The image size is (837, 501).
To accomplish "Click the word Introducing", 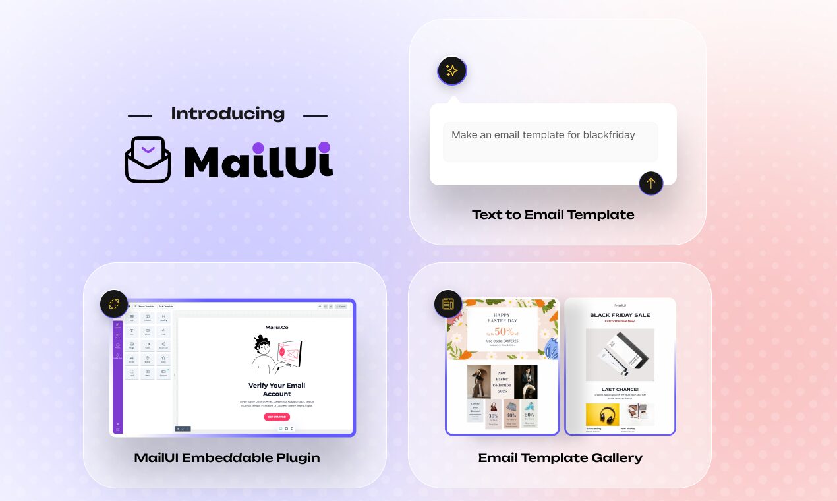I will [227, 113].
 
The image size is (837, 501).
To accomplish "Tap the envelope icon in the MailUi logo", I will [148, 160].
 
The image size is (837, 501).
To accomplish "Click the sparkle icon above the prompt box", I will [452, 71].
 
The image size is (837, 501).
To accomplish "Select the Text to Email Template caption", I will [553, 214].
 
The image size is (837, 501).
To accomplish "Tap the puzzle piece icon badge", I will [114, 304].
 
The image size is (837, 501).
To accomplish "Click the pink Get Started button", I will [277, 417].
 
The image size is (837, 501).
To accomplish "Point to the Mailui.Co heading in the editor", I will [277, 328].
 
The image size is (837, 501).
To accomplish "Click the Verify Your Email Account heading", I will [277, 390].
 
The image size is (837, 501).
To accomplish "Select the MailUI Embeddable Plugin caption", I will [227, 457].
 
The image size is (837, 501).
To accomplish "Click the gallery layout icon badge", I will [448, 304].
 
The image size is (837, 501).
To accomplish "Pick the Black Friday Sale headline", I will [620, 316].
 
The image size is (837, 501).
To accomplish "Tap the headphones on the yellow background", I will [602, 415].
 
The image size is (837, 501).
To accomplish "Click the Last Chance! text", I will [620, 390].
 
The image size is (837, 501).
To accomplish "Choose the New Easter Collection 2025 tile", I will [502, 382].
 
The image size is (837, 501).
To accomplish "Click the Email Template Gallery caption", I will [560, 457].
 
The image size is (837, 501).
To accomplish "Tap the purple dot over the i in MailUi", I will [323, 147].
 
